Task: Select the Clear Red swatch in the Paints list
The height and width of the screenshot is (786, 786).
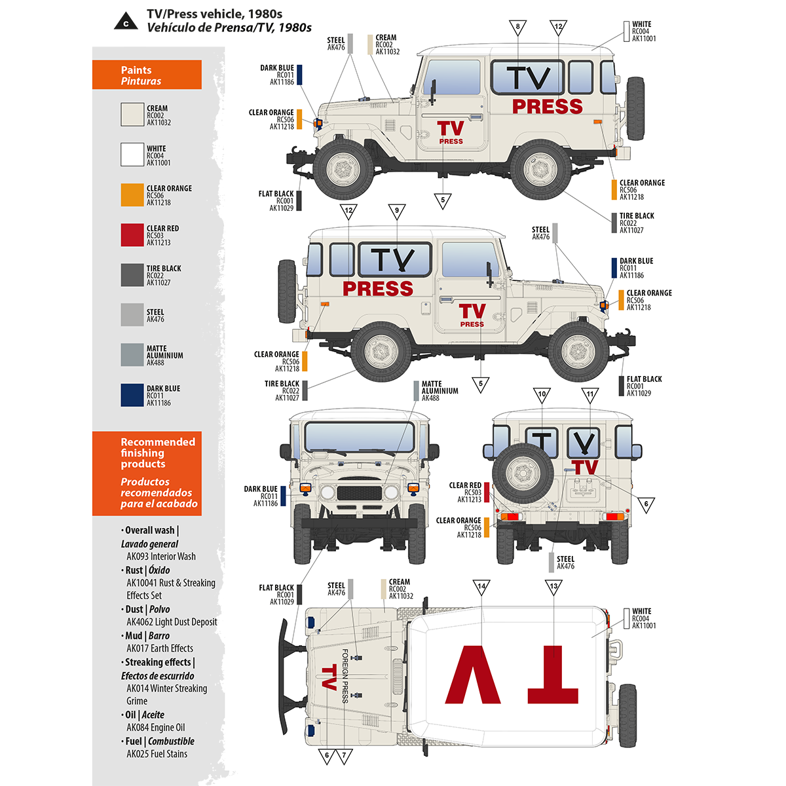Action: (132, 235)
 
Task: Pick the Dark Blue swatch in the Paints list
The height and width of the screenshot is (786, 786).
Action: (132, 395)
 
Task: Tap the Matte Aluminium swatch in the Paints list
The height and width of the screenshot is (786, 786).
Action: (132, 355)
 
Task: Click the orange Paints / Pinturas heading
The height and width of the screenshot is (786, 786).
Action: (147, 75)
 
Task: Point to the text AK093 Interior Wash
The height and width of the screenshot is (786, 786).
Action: (160, 556)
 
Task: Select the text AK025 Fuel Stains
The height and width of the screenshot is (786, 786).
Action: (157, 754)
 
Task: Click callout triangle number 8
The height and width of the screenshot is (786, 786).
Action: (517, 27)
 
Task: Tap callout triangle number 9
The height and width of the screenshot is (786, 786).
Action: (396, 211)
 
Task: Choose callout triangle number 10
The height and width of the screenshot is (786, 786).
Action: (542, 394)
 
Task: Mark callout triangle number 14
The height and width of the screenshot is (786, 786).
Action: (481, 586)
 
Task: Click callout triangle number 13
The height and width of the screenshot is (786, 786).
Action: (553, 586)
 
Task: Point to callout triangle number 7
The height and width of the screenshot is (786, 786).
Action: (344, 756)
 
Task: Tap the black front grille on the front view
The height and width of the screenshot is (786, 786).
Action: (358, 493)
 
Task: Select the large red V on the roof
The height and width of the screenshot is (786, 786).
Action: (474, 675)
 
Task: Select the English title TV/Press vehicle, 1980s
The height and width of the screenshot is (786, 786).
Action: (214, 14)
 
